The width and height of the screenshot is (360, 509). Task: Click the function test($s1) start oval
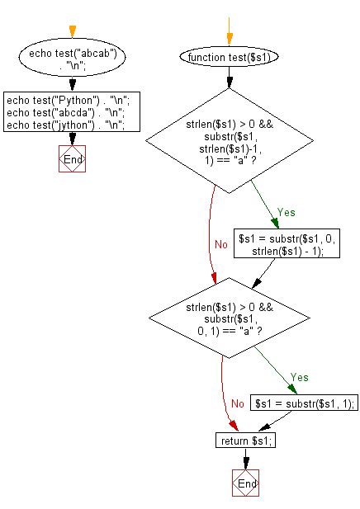(230, 59)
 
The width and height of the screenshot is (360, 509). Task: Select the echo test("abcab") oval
(72, 59)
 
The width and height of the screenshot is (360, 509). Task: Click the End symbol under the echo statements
(72, 158)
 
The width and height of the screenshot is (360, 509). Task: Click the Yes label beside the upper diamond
(286, 212)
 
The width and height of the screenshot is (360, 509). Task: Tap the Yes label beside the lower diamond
(300, 377)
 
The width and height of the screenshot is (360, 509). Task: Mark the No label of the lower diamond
(237, 403)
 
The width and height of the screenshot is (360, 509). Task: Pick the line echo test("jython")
(65, 125)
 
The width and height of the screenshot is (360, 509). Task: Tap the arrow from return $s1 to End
(245, 458)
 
